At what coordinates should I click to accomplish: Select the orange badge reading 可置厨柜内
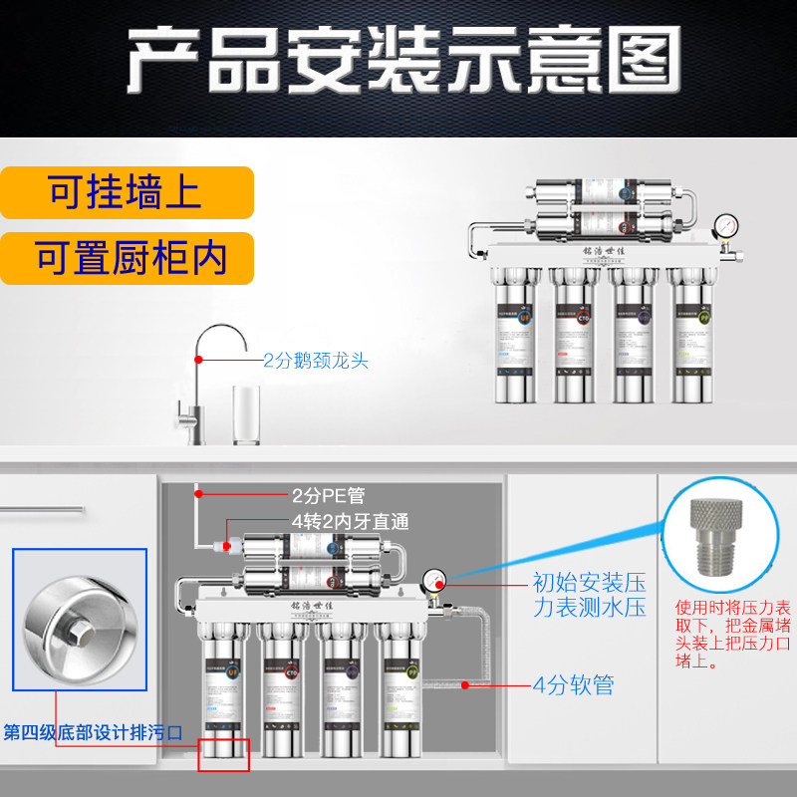(x=127, y=257)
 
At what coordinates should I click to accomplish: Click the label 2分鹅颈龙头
(x=316, y=361)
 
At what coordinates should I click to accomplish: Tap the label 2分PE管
(x=330, y=494)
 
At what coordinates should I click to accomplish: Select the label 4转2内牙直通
(x=350, y=521)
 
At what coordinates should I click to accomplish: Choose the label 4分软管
(x=573, y=685)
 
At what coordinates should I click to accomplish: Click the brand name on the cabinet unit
(x=305, y=606)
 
